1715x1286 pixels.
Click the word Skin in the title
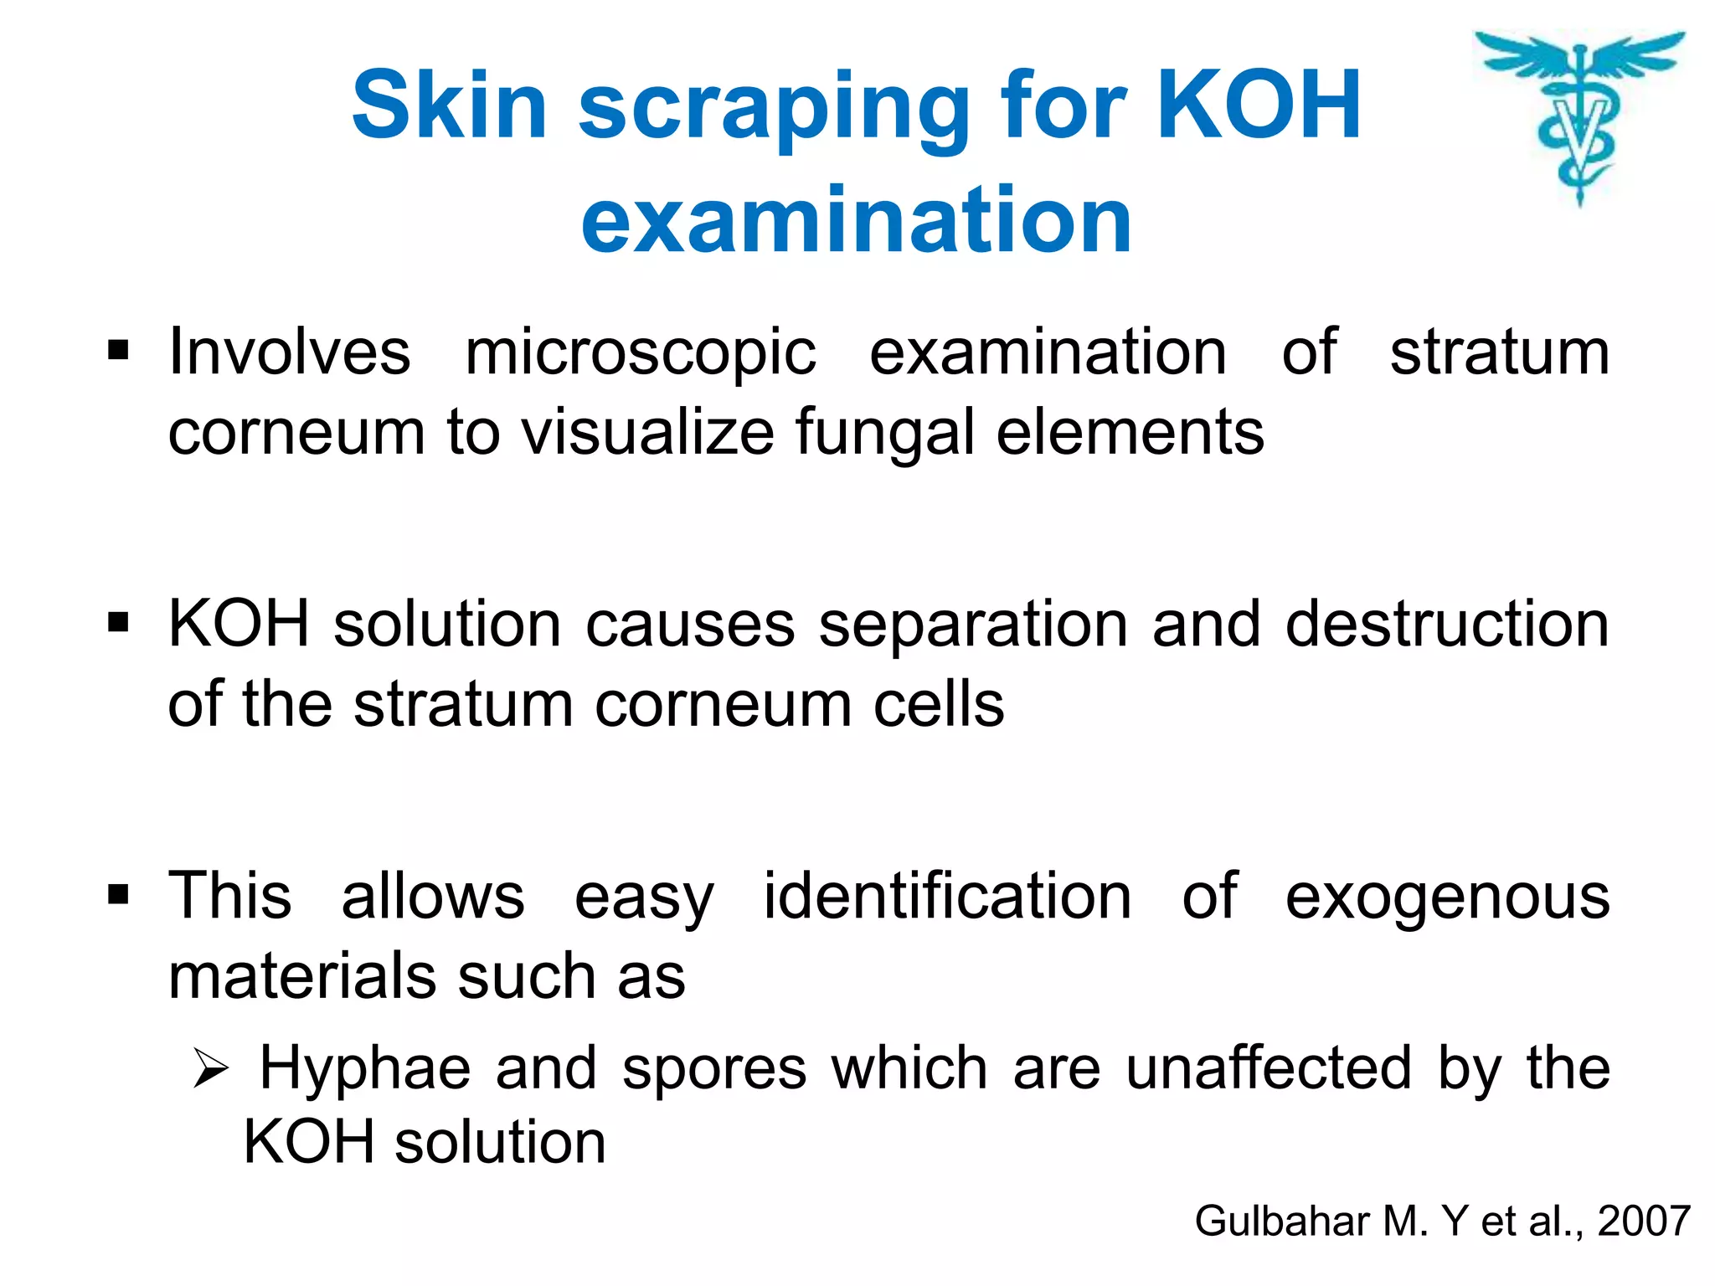click(x=449, y=105)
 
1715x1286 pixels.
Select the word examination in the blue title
click(x=856, y=219)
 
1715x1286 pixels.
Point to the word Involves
click(x=290, y=352)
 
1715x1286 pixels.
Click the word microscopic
click(x=641, y=353)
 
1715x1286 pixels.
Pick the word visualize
click(x=648, y=432)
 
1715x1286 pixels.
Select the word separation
click(x=973, y=625)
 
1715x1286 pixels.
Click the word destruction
click(x=1447, y=625)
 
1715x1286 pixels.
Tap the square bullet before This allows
click(x=118, y=894)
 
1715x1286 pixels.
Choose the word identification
click(x=947, y=896)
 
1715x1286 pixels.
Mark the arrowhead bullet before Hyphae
click(x=209, y=1069)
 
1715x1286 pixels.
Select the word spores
click(x=714, y=1070)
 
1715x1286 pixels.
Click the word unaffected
click(x=1269, y=1068)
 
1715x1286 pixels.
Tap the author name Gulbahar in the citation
click(x=1282, y=1221)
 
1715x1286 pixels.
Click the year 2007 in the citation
click(x=1644, y=1221)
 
